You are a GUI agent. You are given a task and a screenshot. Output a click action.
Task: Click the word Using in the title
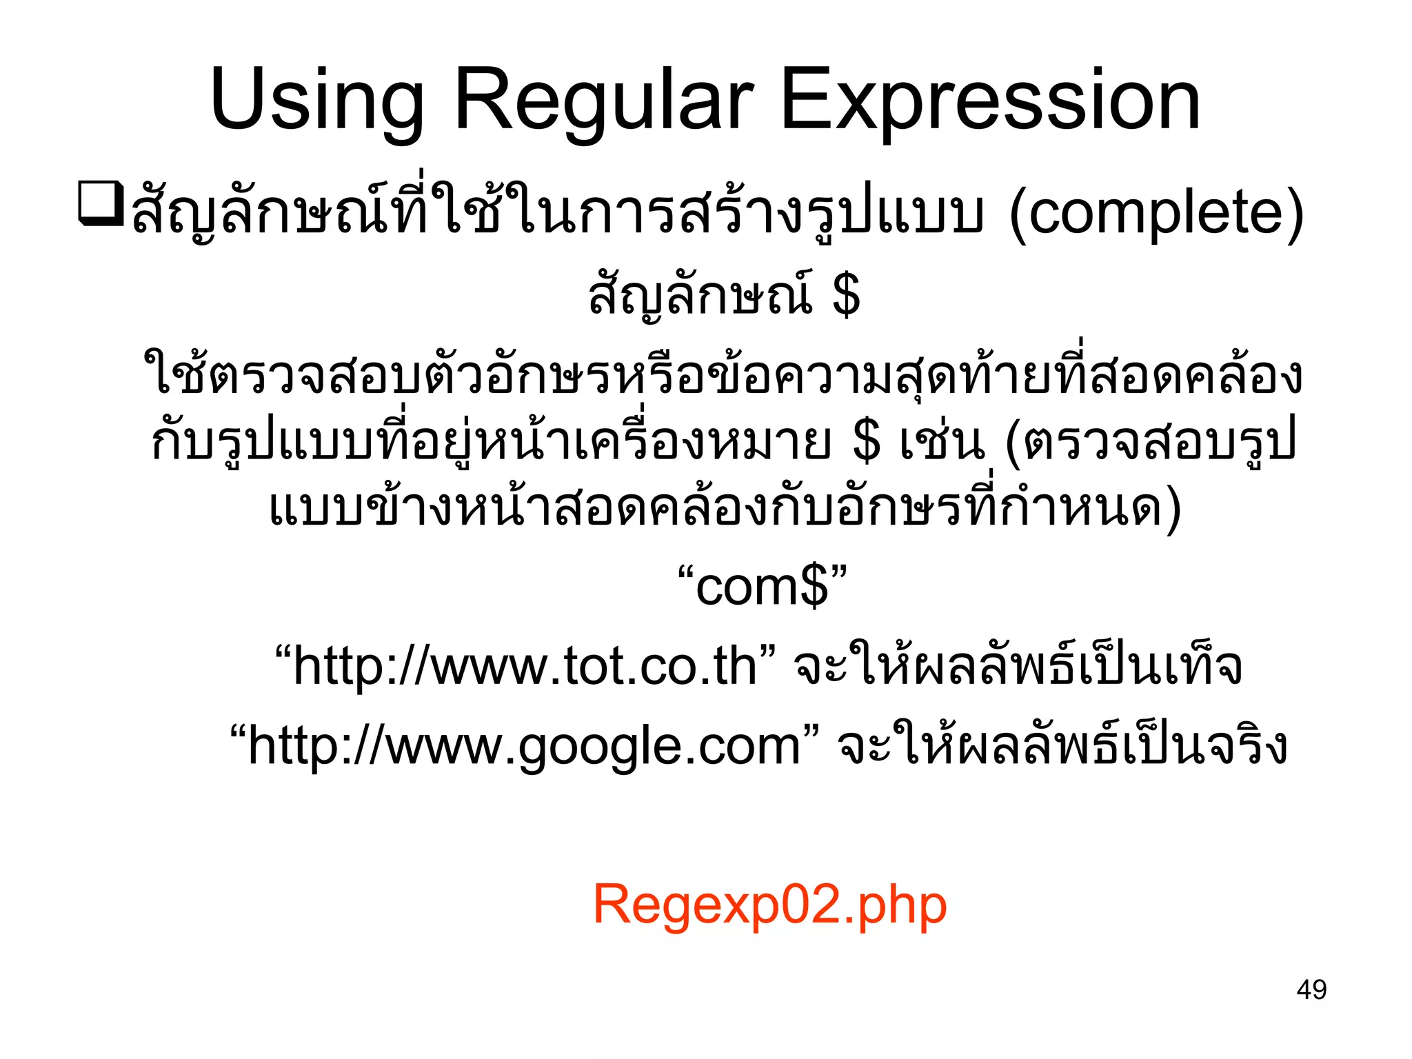(x=316, y=102)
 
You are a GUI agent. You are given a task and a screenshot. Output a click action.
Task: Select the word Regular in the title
(x=604, y=102)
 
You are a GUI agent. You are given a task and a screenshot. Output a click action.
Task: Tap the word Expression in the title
(x=990, y=102)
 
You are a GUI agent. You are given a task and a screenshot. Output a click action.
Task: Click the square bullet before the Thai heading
(x=101, y=203)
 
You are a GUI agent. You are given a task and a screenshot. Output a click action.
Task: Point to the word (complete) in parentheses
(x=1156, y=214)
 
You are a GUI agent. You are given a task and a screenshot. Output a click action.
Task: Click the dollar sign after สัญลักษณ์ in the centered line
(x=846, y=295)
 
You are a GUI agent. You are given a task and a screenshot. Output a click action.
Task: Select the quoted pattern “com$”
(x=761, y=587)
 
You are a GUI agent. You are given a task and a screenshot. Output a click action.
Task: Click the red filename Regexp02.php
(x=769, y=905)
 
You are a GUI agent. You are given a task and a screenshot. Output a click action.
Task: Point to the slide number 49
(x=1311, y=990)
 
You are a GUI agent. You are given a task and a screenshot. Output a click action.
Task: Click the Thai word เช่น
(x=942, y=442)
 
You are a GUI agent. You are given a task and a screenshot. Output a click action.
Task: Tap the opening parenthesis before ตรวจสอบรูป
(x=1013, y=442)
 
